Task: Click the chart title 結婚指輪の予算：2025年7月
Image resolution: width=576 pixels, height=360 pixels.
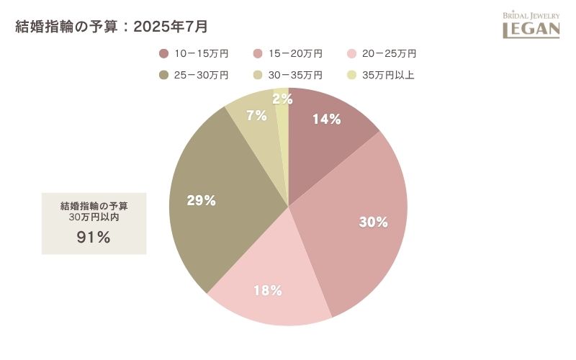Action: (x=112, y=27)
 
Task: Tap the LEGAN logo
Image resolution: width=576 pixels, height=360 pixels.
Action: (x=531, y=29)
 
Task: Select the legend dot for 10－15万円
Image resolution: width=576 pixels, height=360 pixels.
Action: (x=163, y=53)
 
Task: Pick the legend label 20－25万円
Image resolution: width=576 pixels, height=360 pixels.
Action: (x=390, y=53)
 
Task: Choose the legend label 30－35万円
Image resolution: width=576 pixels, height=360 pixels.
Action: (x=295, y=75)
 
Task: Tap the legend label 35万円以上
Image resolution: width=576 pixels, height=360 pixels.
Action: (x=389, y=75)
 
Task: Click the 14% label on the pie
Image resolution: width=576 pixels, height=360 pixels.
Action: (x=326, y=120)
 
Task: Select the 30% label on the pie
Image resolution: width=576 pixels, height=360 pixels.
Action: (x=374, y=222)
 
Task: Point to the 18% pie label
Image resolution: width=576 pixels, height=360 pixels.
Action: (x=267, y=291)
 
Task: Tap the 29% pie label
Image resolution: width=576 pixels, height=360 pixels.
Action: (x=202, y=201)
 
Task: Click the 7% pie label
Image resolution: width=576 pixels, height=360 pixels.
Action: (x=256, y=115)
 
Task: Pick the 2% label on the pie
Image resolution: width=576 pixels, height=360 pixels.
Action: (x=282, y=99)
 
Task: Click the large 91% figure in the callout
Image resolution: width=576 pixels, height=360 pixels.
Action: (x=94, y=237)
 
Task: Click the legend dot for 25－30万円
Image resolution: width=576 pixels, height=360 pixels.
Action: (x=163, y=75)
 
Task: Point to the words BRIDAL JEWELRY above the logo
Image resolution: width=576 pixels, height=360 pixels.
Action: (x=531, y=15)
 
